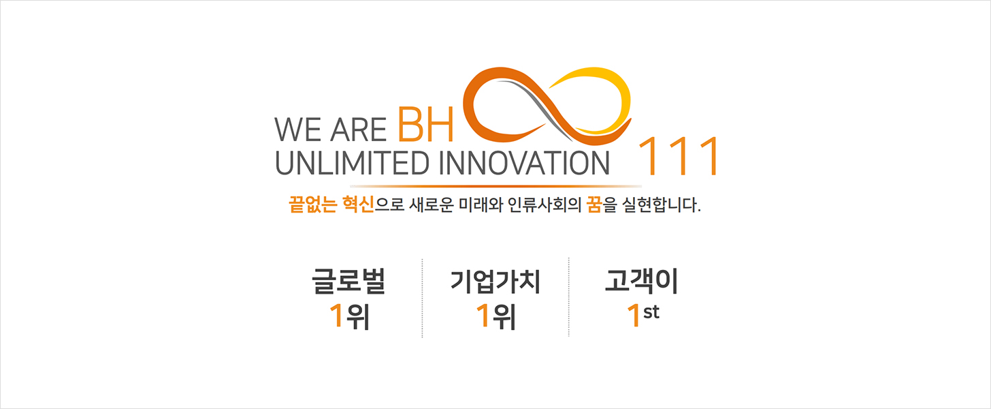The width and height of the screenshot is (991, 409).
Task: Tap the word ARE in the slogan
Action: tap(358, 130)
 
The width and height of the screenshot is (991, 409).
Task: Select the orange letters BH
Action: tap(425, 125)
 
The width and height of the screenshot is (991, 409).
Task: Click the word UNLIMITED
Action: tap(352, 163)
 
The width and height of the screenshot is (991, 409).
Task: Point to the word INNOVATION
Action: tap(524, 163)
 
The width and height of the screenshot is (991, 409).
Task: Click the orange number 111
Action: tap(678, 156)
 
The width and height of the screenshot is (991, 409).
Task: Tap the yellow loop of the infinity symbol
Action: tap(598, 95)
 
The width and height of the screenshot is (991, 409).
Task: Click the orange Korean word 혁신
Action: tap(358, 204)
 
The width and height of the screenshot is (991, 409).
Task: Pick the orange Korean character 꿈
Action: tap(594, 204)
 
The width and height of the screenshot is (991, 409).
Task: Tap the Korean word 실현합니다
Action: tap(661, 204)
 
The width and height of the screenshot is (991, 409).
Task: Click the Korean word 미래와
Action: tap(481, 204)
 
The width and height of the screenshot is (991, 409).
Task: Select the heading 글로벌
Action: tap(348, 281)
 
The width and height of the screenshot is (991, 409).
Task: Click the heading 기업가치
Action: tap(495, 282)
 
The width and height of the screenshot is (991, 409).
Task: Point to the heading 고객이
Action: tap(641, 281)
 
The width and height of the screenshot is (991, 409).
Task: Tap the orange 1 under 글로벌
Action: tap(337, 316)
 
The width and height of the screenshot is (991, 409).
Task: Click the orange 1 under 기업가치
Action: tap(483, 316)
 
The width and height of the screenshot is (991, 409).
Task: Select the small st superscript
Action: tap(651, 312)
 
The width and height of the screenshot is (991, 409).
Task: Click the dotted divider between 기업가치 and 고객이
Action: tap(568, 297)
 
